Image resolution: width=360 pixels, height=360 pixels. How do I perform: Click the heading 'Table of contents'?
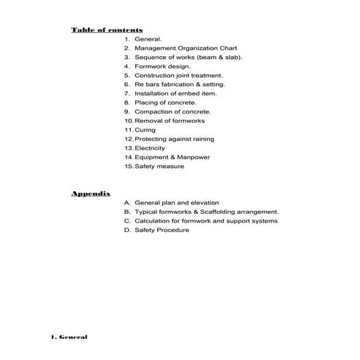coord(106,29)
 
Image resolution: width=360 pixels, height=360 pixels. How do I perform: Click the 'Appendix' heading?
coord(90,193)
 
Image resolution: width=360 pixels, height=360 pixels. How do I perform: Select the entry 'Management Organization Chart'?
coord(181,47)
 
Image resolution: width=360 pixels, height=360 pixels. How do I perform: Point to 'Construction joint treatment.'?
coord(179,75)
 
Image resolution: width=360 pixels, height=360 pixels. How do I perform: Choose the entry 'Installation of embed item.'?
coord(176,93)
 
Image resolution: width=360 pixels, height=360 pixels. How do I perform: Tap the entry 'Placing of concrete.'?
coord(165,103)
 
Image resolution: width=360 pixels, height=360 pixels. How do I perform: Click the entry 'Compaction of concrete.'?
coord(173,111)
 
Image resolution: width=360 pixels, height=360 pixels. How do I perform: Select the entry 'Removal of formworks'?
coord(170,121)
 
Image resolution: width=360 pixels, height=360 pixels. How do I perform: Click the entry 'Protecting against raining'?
coord(175,139)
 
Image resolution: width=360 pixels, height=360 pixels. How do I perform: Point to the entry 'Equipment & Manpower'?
coord(170,157)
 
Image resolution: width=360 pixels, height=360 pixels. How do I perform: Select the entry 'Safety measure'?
coord(159,166)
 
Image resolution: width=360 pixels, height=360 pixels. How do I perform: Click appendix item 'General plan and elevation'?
coord(177,202)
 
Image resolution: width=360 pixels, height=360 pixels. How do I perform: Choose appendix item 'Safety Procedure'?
coord(162,230)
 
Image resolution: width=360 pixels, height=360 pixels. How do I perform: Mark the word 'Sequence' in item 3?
coord(150,57)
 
